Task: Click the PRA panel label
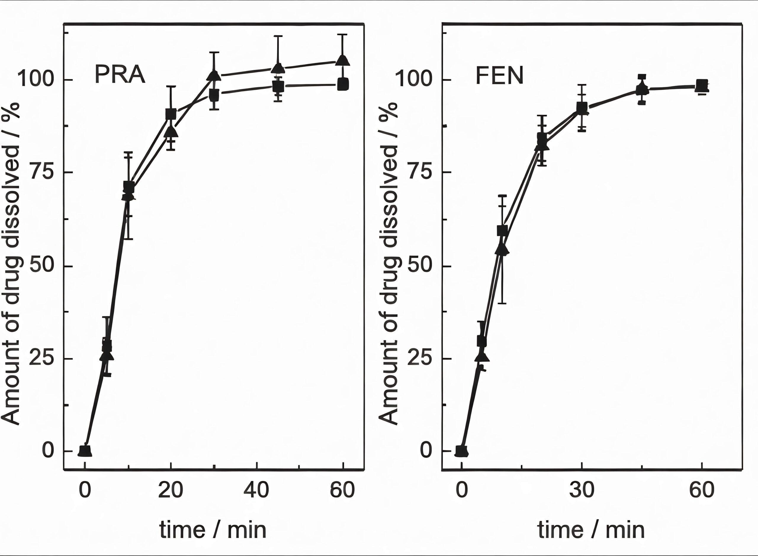(x=120, y=75)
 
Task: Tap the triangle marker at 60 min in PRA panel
(x=343, y=61)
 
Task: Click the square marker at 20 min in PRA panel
(x=171, y=114)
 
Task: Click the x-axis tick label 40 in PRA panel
(x=256, y=490)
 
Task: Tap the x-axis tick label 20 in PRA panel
(x=171, y=490)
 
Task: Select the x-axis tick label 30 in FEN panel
(x=582, y=490)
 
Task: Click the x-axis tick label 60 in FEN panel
(x=702, y=490)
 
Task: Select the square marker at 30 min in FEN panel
(x=582, y=108)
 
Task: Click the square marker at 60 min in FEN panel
(x=702, y=85)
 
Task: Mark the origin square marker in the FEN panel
(x=461, y=451)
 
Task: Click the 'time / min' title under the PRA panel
(x=213, y=530)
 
